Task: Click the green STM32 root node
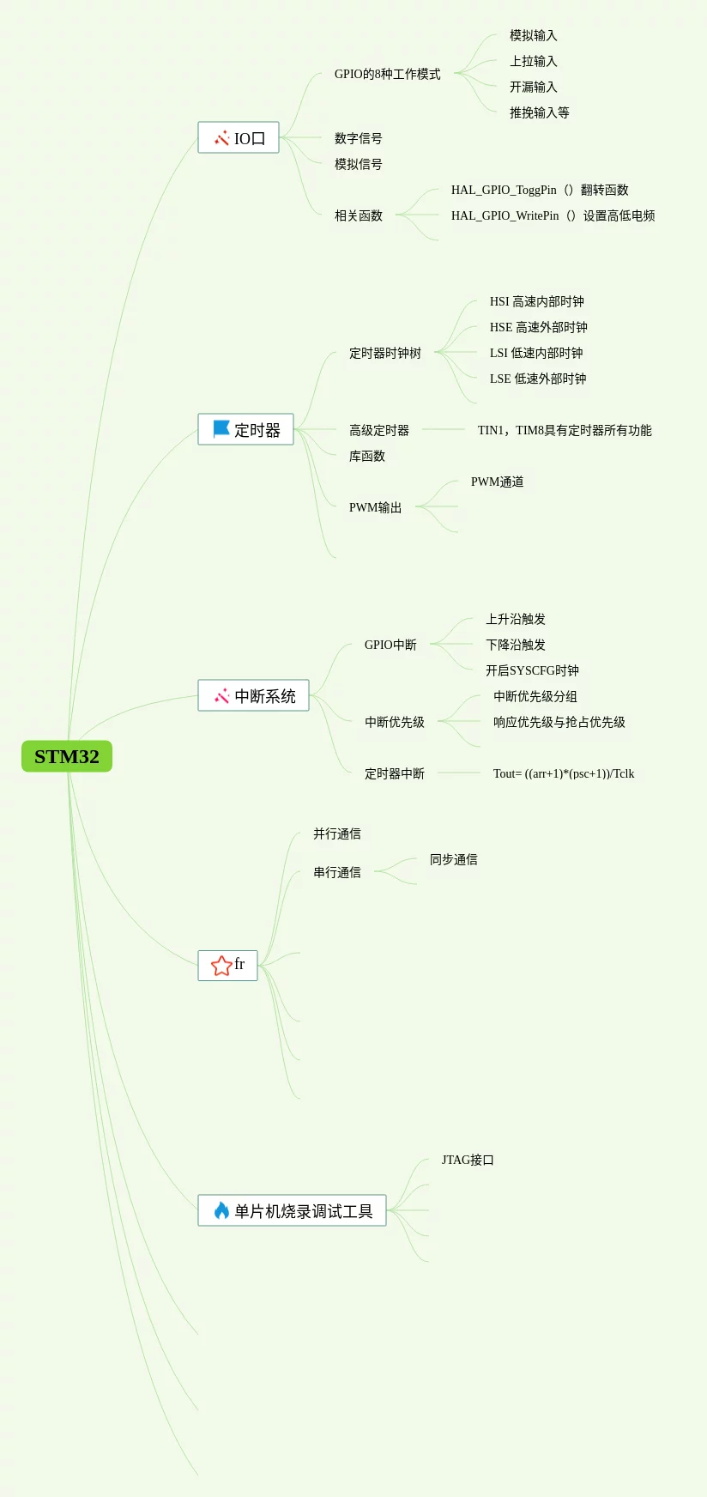[x=67, y=756]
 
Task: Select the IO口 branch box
[x=239, y=137]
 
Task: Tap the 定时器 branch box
[x=246, y=429]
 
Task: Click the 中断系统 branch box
[x=254, y=695]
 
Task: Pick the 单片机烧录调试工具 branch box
[x=293, y=1210]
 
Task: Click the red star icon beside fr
[x=221, y=966]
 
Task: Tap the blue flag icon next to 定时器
[x=221, y=428]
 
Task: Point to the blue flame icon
[x=221, y=1210]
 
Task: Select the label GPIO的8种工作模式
[x=387, y=74]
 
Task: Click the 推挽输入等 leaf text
[x=539, y=112]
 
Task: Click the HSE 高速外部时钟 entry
[x=538, y=327]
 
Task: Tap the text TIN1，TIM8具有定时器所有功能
[x=564, y=430]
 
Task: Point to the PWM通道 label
[x=497, y=482]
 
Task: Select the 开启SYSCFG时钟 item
[x=532, y=670]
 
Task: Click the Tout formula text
[x=564, y=773]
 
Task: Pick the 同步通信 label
[x=453, y=859]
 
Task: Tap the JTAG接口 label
[x=468, y=1160]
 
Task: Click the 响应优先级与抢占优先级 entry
[x=559, y=722]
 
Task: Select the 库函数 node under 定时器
[x=366, y=456]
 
